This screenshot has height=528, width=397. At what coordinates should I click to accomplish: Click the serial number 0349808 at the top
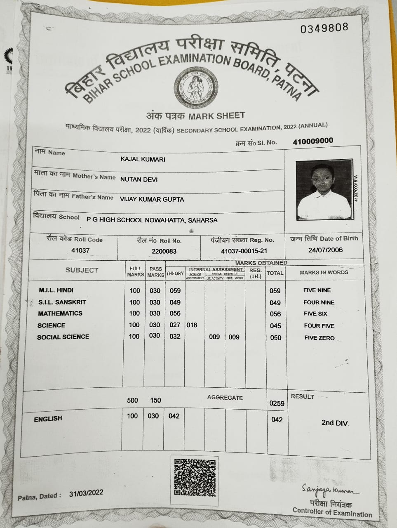coord(324,28)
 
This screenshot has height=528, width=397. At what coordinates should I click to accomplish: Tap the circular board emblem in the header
coord(195,88)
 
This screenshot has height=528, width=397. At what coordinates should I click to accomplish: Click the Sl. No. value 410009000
coord(313,141)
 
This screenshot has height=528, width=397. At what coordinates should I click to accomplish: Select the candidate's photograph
coord(324,190)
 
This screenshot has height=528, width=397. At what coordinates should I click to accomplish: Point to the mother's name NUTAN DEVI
coord(139,179)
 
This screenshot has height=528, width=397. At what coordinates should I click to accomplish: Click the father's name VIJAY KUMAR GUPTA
coord(152,199)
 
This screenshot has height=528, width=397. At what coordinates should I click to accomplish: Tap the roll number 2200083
coord(164,251)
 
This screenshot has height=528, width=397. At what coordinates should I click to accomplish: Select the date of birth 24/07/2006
coord(325,250)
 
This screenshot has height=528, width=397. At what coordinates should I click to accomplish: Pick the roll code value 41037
coord(80,250)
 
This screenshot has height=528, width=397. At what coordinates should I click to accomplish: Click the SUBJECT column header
coord(82,270)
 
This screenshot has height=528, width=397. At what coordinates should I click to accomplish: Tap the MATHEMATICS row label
coord(60,313)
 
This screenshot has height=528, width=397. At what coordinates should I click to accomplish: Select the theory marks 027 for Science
coord(175,325)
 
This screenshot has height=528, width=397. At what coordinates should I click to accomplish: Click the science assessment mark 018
coord(192,325)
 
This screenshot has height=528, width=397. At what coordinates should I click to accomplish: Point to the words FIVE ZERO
coord(319,337)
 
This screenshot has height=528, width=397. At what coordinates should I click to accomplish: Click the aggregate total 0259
coord(277,403)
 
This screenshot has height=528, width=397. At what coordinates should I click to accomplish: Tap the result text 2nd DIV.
coord(335,423)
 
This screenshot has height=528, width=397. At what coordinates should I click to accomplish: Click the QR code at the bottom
coord(195,476)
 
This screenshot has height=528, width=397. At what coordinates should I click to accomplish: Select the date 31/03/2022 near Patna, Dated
coord(86,493)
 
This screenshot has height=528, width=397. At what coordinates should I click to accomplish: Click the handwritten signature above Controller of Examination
coord(329,490)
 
